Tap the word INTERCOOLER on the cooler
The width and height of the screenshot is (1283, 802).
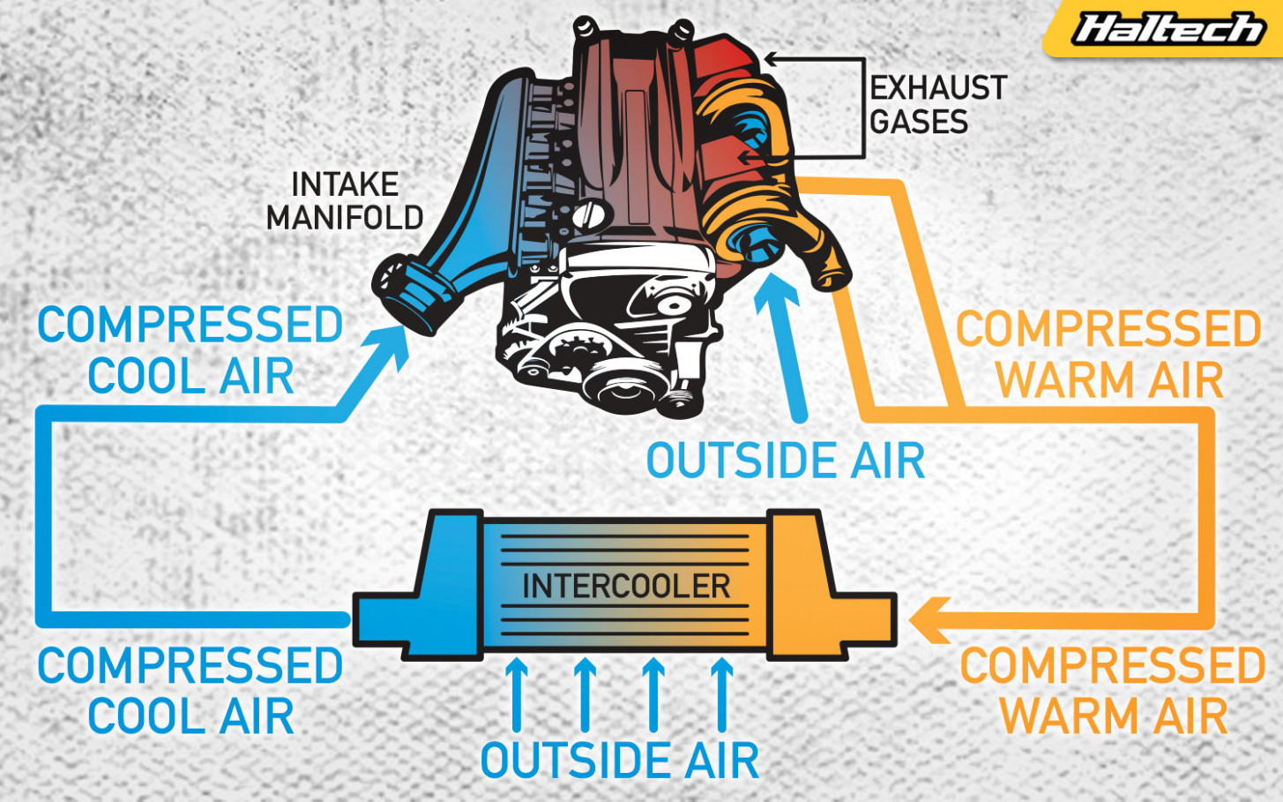coord(626,586)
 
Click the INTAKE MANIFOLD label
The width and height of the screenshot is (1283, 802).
coord(345,200)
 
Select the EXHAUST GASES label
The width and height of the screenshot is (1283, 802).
coord(938,104)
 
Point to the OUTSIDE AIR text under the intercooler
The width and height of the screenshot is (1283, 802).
coord(620,760)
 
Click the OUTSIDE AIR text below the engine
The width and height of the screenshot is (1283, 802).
coord(786,461)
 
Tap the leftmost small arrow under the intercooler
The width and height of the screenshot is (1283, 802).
coord(517,694)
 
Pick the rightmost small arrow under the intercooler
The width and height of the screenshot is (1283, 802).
coord(721,694)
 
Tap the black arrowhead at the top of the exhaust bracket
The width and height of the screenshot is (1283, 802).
coord(771,58)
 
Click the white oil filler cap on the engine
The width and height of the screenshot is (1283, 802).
coord(589,216)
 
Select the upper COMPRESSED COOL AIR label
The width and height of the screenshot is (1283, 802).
coord(190,349)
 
